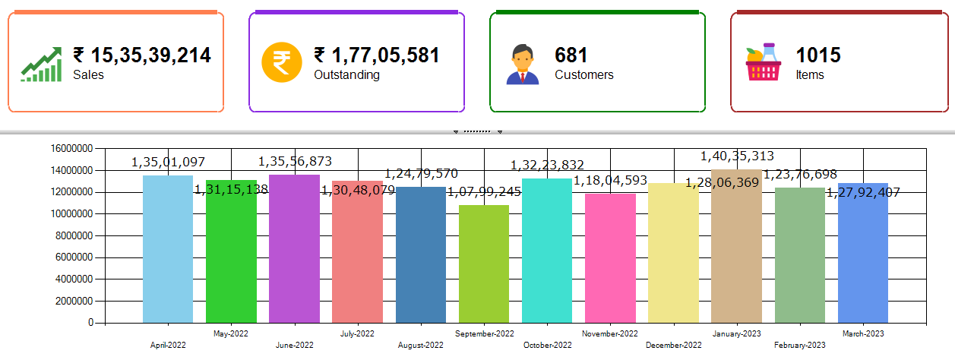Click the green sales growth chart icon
pyautogui.click(x=41, y=65)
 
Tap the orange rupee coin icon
pyautogui.click(x=282, y=64)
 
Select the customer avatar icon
pyautogui.click(x=522, y=65)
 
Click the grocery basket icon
pyautogui.click(x=764, y=64)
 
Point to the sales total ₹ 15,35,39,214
pyautogui.click(x=142, y=55)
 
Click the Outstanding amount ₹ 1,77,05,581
pyautogui.click(x=377, y=55)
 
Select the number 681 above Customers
pyautogui.click(x=571, y=55)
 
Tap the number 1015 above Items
pyautogui.click(x=818, y=55)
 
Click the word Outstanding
pyautogui.click(x=346, y=75)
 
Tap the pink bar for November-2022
pyautogui.click(x=610, y=258)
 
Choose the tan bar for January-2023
pyautogui.click(x=736, y=247)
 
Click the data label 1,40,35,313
pyautogui.click(x=737, y=156)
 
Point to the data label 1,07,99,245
pyautogui.click(x=484, y=191)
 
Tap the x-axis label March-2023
pyautogui.click(x=863, y=333)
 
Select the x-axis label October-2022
pyautogui.click(x=547, y=346)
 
